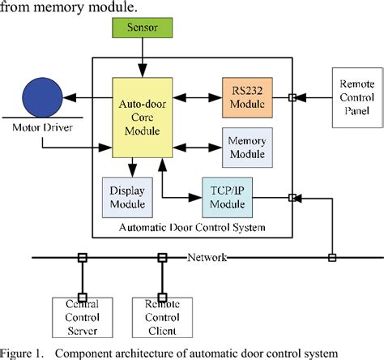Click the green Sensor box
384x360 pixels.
(143, 28)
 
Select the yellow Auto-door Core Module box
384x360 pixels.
(139, 118)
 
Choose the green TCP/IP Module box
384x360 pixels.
(229, 197)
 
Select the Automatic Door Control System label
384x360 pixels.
(191, 228)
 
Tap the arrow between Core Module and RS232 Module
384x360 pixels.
(194, 96)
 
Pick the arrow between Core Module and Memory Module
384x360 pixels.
(194, 148)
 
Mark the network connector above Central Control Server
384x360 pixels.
(81, 258)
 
